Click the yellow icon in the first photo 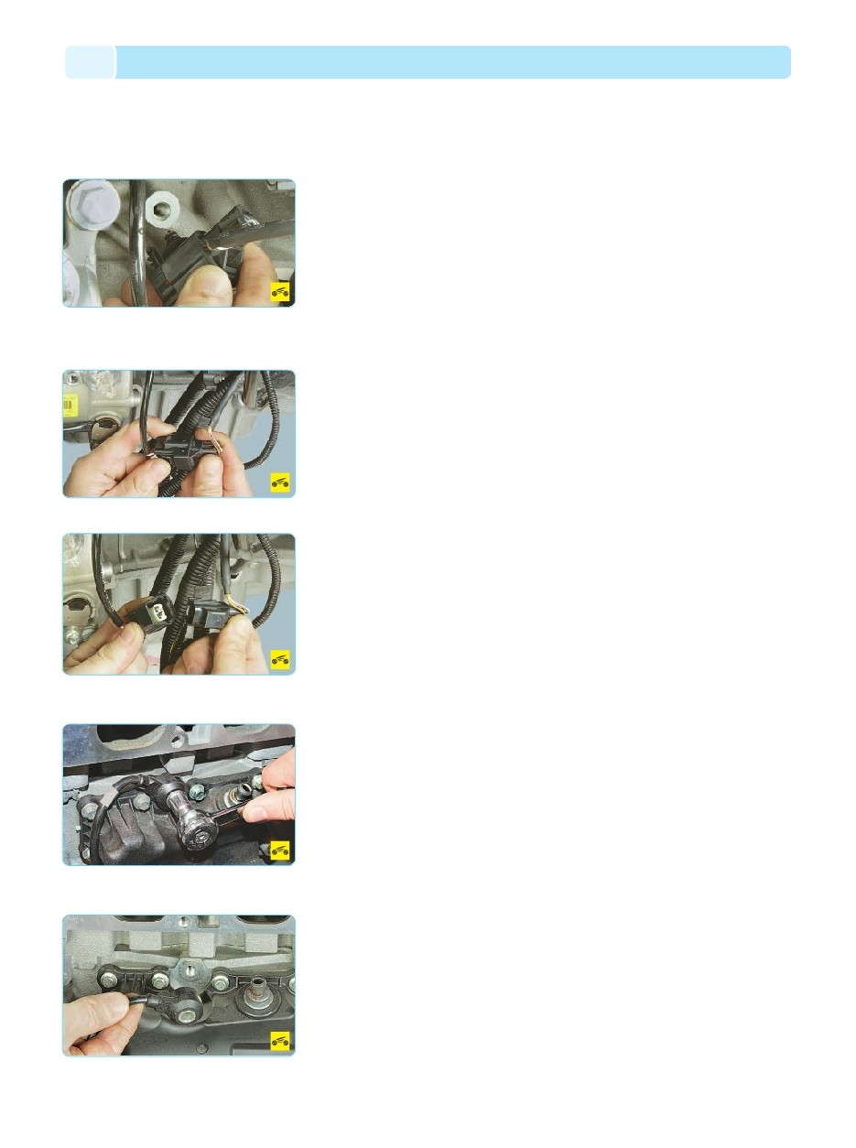coord(280,292)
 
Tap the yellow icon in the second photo coord(280,482)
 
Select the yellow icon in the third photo coord(280,659)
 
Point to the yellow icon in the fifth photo coord(280,1040)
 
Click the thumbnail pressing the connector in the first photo coord(203,287)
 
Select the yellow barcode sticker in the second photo coord(68,403)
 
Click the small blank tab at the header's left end coord(90,62)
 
